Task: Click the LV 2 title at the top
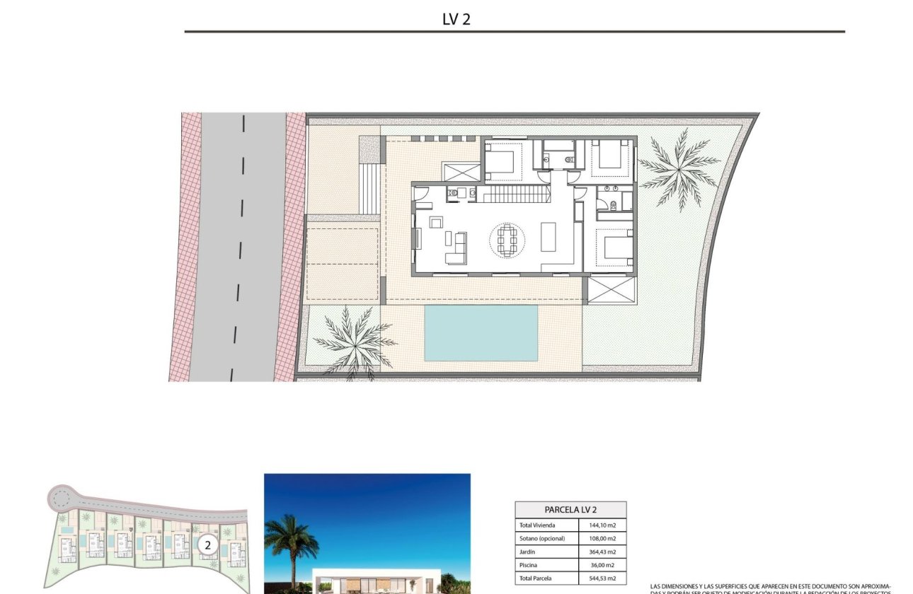456,19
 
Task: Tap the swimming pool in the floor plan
481,332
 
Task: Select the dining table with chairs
507,240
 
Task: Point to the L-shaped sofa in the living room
456,248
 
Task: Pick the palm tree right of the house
677,168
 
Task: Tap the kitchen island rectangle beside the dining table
549,237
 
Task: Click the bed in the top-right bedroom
611,154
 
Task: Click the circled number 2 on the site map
207,544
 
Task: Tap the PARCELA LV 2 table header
570,509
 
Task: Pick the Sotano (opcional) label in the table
542,538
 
